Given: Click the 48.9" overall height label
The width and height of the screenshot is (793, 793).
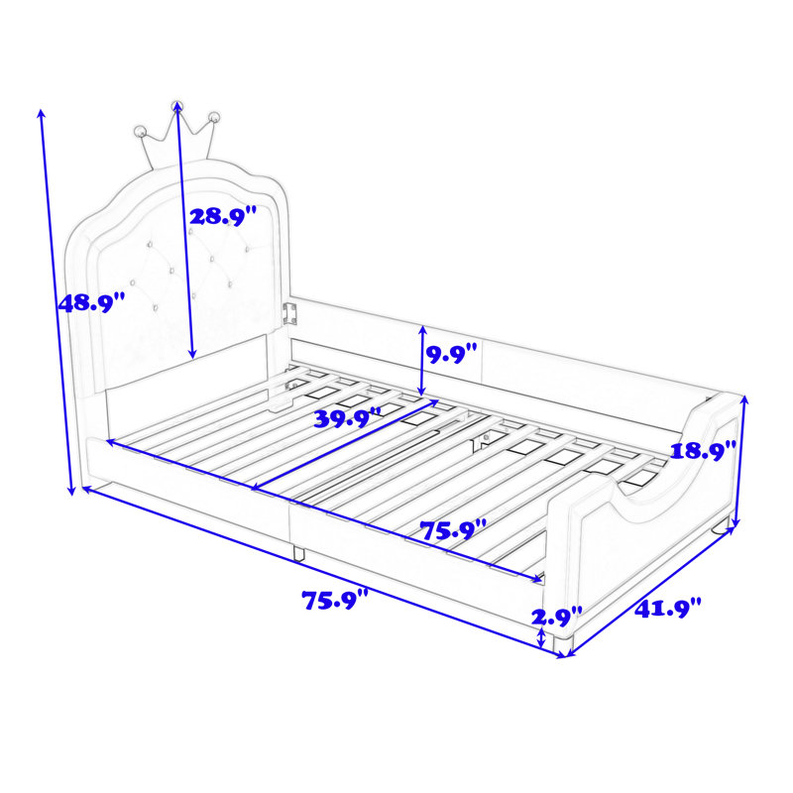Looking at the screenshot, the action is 91,303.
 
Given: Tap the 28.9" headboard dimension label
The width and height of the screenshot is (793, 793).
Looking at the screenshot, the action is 223,216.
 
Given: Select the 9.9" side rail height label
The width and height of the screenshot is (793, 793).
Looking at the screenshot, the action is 452,354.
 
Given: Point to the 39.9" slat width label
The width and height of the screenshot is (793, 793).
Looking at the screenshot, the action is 348,418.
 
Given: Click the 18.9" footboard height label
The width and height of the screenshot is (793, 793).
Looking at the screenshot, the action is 703,450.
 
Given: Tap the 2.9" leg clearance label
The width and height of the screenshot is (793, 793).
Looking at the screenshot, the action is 556,617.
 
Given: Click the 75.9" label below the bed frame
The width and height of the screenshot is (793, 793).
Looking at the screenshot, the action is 336,600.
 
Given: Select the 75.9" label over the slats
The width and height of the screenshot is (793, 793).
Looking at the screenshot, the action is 453,530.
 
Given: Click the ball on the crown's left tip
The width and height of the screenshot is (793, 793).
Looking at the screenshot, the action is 140,132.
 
